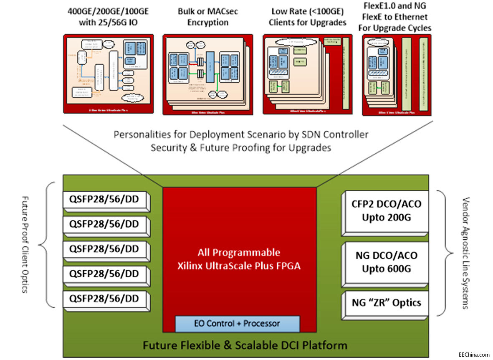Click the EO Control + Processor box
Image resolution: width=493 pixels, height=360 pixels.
point(237,324)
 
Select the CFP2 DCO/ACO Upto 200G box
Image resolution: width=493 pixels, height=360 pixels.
point(385,210)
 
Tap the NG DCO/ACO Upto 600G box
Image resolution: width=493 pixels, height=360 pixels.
point(385,262)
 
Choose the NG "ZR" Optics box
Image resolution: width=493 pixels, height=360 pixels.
point(385,303)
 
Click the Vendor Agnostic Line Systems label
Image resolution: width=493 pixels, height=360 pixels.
point(466,253)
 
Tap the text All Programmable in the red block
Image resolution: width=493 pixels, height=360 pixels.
point(239,252)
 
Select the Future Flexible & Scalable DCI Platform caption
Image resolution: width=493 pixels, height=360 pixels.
point(245,345)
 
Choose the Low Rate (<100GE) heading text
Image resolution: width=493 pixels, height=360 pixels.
point(309,11)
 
